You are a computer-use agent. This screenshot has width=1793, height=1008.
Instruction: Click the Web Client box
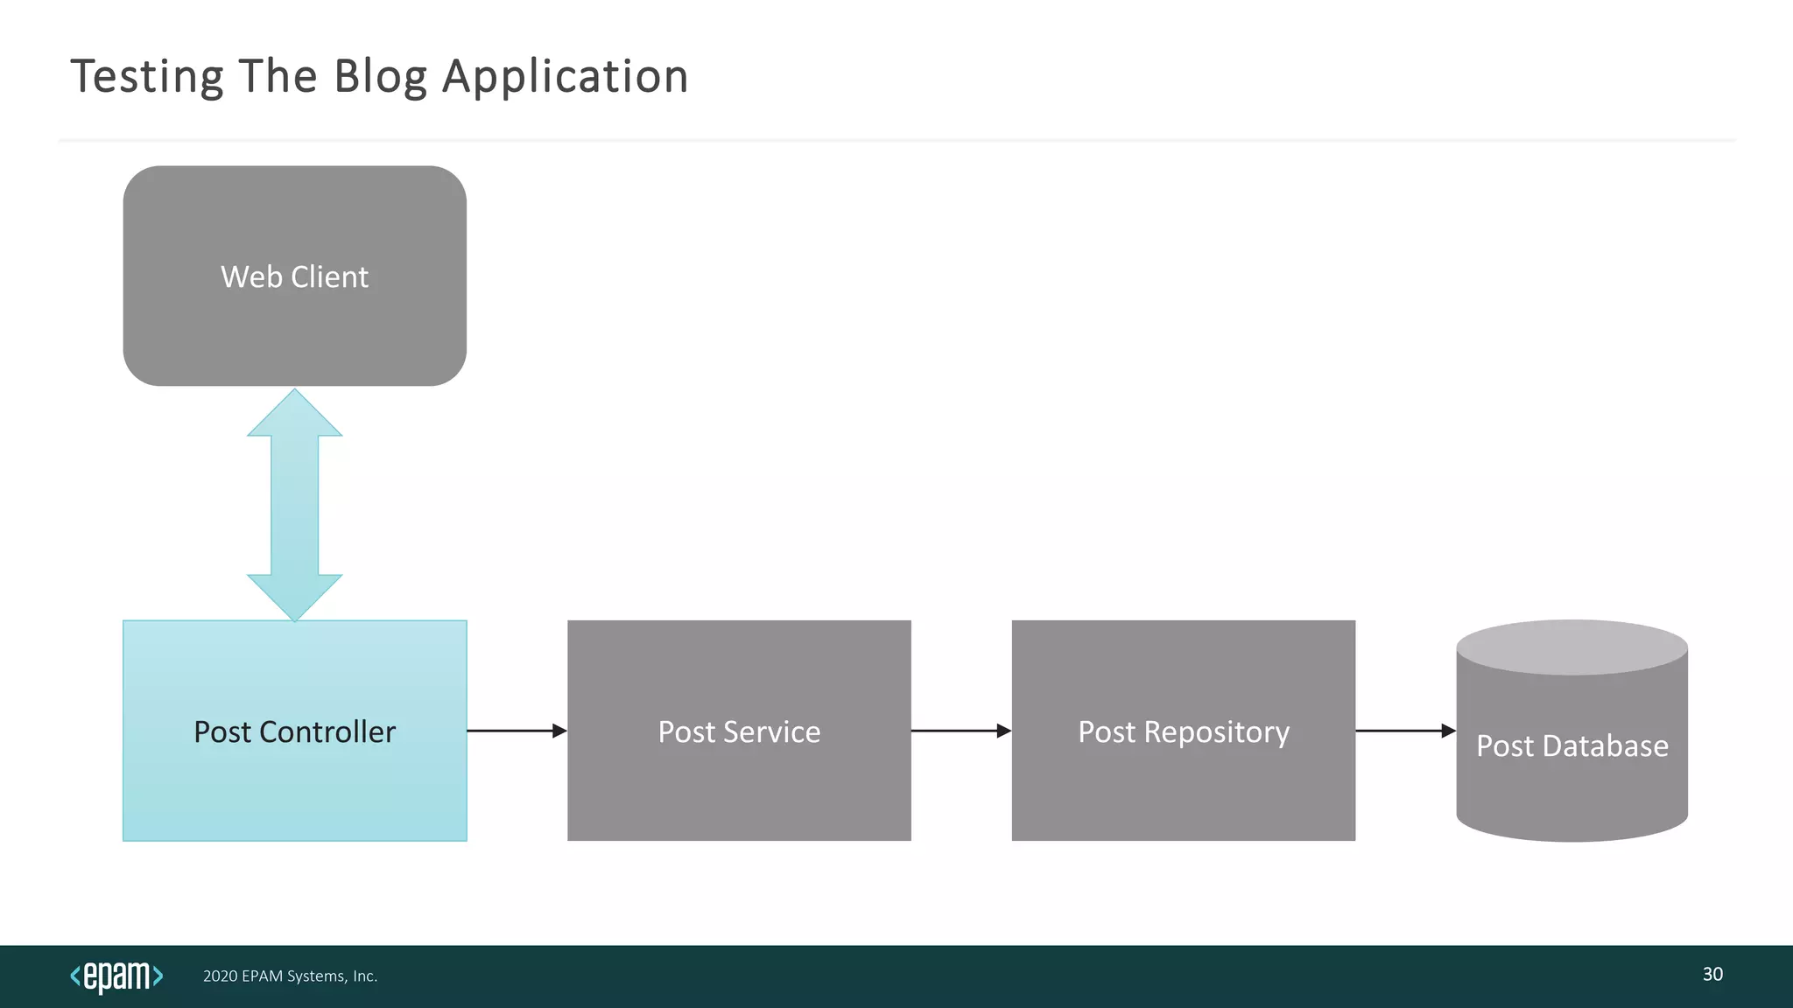pos(294,276)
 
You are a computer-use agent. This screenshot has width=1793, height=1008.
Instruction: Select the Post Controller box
pos(294,770)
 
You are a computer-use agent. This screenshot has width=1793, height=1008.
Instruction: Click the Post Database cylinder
pos(1572,770)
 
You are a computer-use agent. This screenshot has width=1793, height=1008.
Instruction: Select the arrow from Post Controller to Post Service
pos(517,731)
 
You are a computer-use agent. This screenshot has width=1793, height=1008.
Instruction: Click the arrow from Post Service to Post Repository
pos(960,731)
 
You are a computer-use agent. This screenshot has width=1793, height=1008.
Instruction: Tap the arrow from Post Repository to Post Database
pos(1404,731)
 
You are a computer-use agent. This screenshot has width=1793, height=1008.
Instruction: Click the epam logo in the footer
pos(116,976)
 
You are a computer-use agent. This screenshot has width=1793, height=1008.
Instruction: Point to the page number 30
pos(1712,974)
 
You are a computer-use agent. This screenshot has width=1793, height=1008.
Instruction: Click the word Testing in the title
pos(147,77)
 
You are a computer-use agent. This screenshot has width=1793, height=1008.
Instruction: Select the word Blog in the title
pos(380,77)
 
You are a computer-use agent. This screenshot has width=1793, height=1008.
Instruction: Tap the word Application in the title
pos(566,77)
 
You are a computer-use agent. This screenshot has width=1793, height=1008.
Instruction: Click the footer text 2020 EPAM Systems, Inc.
pos(290,976)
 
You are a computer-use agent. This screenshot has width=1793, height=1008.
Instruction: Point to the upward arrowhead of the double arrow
pos(294,416)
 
